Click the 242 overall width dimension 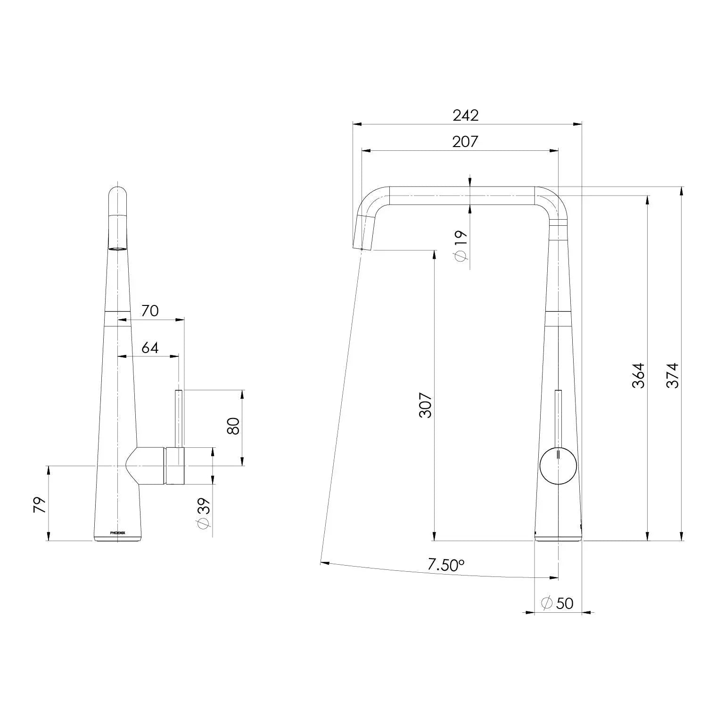click(465, 115)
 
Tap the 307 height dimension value click(426, 405)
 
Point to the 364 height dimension click(638, 375)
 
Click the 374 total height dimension click(672, 375)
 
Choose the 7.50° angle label click(446, 565)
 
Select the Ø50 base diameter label click(558, 603)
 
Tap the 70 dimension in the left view click(150, 311)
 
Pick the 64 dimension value click(150, 348)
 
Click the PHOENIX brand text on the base click(117, 533)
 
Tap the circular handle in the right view click(558, 465)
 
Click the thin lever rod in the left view click(179, 419)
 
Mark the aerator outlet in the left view click(118, 248)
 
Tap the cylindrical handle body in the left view click(174, 466)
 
